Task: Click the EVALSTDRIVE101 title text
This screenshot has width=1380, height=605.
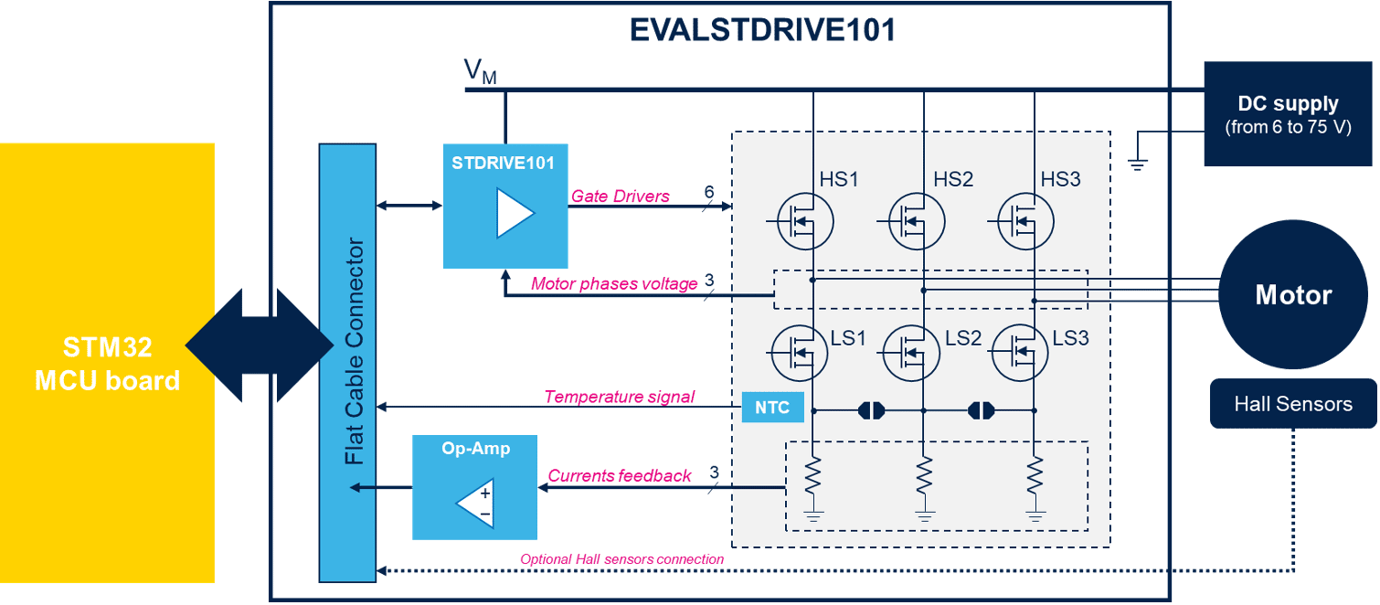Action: tap(762, 31)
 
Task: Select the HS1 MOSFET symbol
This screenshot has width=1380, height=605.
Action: tap(804, 221)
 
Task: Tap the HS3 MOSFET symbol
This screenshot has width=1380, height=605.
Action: tap(1024, 221)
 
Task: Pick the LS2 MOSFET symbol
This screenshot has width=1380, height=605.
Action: tap(911, 353)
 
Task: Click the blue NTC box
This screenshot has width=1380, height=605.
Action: tap(772, 408)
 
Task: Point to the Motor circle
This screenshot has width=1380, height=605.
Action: tap(1292, 295)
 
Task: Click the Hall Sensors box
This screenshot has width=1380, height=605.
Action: tap(1292, 403)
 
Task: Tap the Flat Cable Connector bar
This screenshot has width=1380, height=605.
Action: tap(347, 362)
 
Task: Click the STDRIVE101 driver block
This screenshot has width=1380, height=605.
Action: tap(505, 206)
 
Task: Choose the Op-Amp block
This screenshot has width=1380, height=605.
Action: tap(474, 487)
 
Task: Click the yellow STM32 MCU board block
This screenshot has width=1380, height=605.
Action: tap(107, 363)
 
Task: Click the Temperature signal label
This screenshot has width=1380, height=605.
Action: tap(619, 397)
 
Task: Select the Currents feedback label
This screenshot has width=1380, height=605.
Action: tap(618, 476)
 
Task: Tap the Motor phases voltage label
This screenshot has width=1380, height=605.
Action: tap(613, 284)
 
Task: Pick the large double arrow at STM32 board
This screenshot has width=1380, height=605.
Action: tap(259, 345)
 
